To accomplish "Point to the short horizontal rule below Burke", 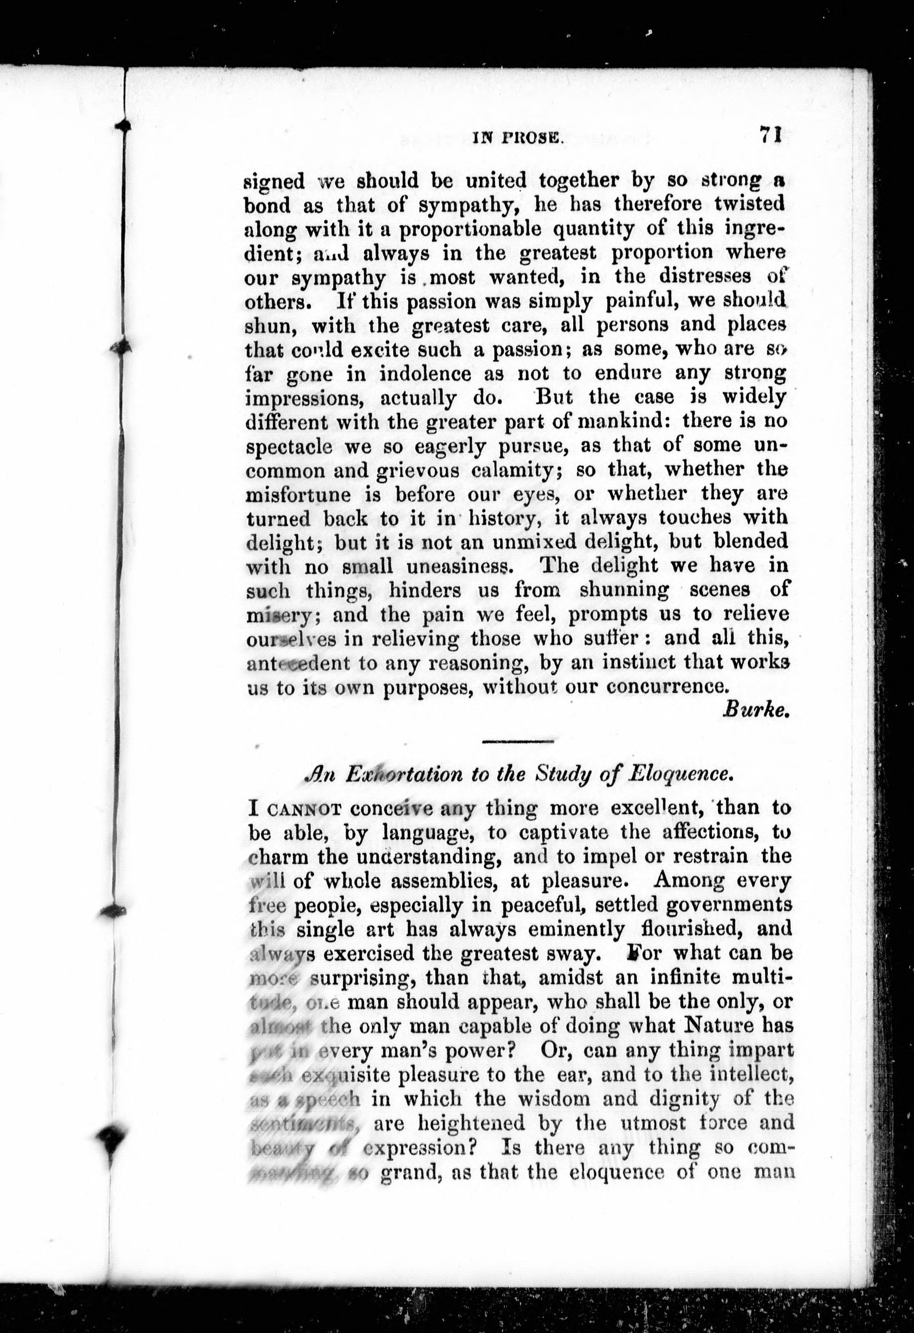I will click(518, 742).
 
